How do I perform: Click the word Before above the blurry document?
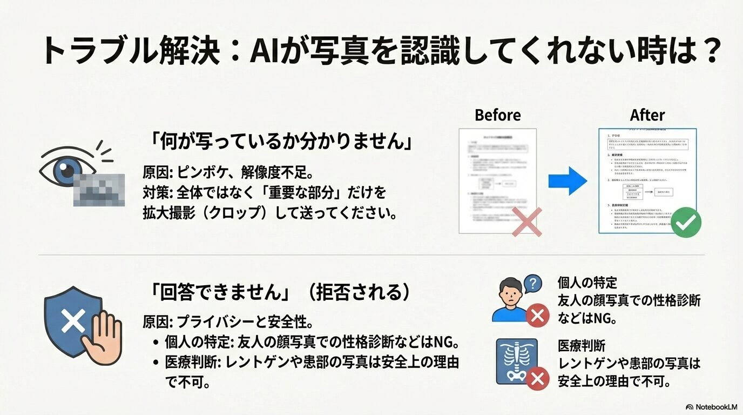(497, 115)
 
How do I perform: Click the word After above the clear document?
(647, 115)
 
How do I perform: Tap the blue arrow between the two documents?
(568, 181)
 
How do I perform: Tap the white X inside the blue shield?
(73, 322)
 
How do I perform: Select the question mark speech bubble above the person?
(532, 284)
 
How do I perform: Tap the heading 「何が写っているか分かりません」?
(281, 142)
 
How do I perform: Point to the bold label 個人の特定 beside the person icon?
(587, 282)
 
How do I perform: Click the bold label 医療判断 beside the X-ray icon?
(580, 346)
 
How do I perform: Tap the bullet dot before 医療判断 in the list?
(156, 362)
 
